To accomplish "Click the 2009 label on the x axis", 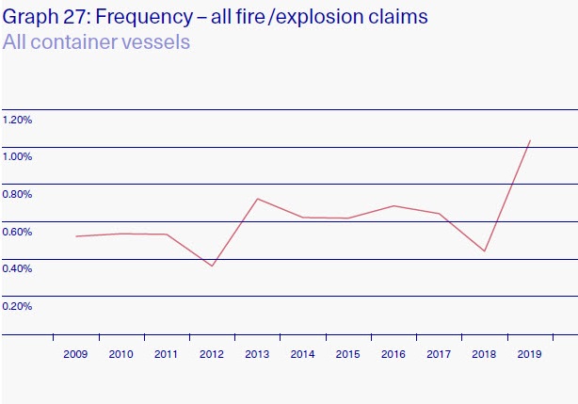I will [75, 354].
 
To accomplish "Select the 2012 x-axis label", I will [212, 354].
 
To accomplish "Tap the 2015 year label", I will [348, 354].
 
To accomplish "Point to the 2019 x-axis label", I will [530, 354].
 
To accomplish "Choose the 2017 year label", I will [440, 354].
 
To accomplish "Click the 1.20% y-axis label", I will [18, 120].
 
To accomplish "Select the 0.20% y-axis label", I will [18, 306].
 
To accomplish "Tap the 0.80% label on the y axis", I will [18, 194].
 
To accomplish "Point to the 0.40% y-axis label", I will [18, 268].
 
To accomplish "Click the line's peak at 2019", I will [531, 140].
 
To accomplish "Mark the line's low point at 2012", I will [213, 266].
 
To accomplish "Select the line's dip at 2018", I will [485, 251].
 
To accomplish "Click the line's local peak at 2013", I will [258, 199].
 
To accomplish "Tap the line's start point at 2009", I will [76, 236].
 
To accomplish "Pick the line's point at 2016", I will [394, 205].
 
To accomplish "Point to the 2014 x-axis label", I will [303, 354].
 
